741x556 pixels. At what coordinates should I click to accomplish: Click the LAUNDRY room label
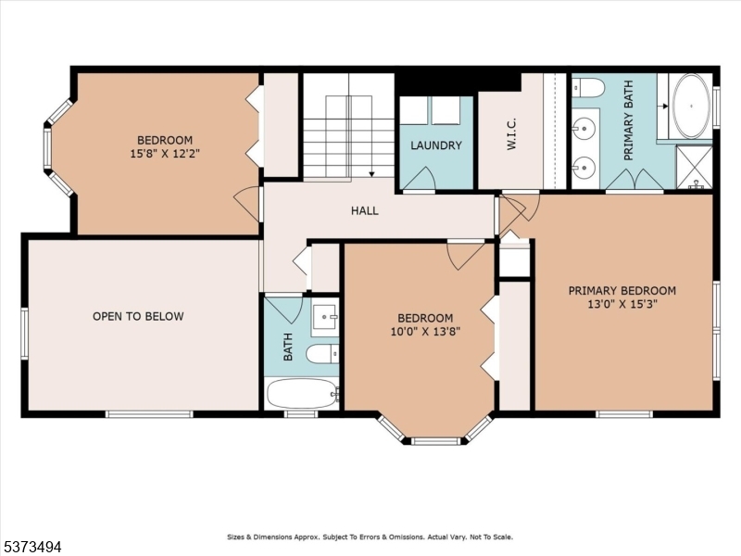435,145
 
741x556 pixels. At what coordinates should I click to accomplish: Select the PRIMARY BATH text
628,133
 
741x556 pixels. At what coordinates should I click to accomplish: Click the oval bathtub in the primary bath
690,105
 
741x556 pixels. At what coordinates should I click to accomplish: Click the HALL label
364,210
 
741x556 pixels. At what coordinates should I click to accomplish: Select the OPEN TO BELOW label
138,317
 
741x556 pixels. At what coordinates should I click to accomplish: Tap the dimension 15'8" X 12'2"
167,155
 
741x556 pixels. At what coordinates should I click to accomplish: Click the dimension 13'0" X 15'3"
622,305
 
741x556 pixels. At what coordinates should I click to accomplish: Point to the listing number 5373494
32,547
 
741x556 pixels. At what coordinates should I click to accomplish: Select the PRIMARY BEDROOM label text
622,290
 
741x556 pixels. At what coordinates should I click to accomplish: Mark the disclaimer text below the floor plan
370,537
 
